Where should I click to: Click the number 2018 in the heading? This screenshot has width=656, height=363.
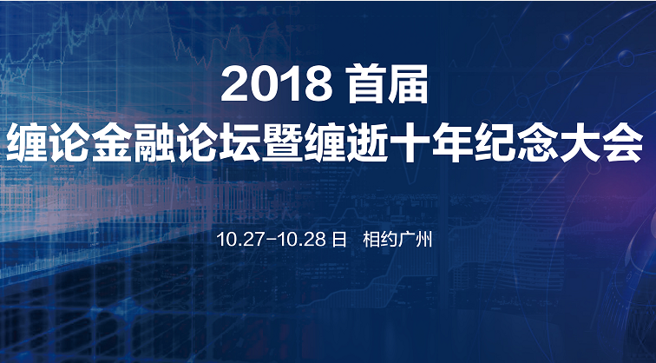tap(277, 84)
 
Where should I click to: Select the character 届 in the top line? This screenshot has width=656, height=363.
tap(409, 83)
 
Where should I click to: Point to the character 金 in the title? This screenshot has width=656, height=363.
tap(112, 143)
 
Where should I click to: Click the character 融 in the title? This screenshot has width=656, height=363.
tap(154, 143)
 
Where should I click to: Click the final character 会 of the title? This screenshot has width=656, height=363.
tap(622, 143)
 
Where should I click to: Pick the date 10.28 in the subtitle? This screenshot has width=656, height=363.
tap(302, 240)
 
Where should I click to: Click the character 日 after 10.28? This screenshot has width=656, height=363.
tap(339, 240)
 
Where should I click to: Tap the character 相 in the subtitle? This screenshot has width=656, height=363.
tap(371, 240)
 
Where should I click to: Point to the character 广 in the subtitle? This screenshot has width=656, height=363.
tap(406, 240)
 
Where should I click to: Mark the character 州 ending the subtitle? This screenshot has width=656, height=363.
tap(423, 240)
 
